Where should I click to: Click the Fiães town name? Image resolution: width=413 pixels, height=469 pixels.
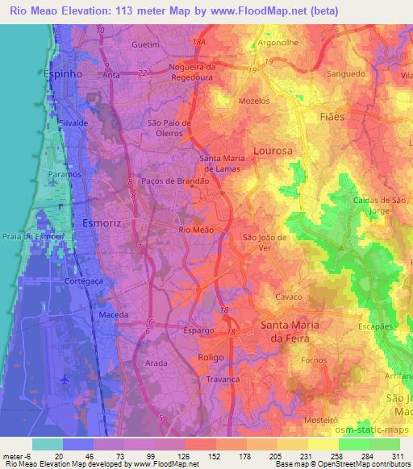(332, 117)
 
